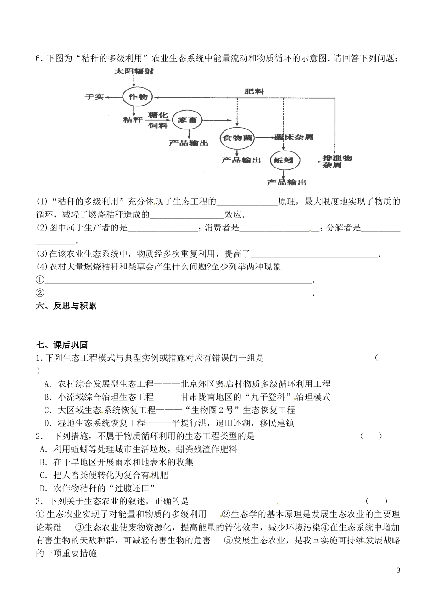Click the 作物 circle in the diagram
pyautogui.click(x=137, y=97)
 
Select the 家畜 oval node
pyautogui.click(x=186, y=120)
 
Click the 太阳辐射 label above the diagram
pyautogui.click(x=134, y=72)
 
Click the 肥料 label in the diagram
pyautogui.click(x=254, y=91)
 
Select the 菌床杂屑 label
pyautogui.click(x=293, y=137)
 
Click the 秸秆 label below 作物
pyautogui.click(x=133, y=119)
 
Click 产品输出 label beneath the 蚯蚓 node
pyautogui.click(x=286, y=183)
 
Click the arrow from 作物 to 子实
pyautogui.click(x=113, y=97)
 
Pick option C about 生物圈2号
pyautogui.click(x=170, y=410)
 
